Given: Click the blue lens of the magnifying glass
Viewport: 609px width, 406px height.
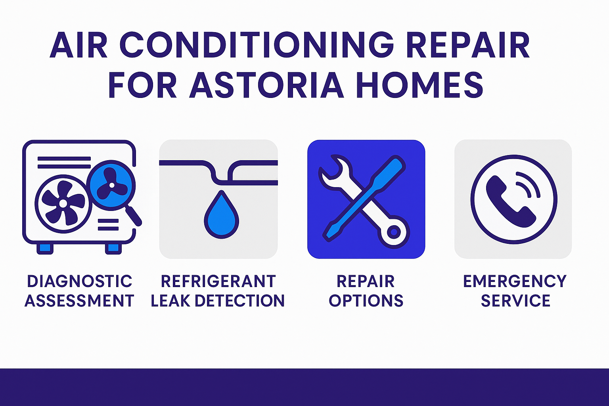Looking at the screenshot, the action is [x=111, y=185].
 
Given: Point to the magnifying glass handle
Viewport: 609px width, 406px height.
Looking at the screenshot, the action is [x=134, y=216].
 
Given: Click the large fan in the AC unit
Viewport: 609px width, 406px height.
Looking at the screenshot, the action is [x=63, y=203].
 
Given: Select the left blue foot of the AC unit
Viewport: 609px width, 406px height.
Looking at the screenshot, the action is [x=45, y=249].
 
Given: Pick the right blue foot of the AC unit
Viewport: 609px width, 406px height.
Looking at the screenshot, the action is [x=113, y=249].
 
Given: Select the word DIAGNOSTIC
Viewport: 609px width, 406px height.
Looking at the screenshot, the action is [x=80, y=281].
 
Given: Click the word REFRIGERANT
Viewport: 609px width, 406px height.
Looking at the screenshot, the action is [x=218, y=281].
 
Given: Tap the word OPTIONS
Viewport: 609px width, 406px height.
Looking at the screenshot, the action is [x=366, y=301].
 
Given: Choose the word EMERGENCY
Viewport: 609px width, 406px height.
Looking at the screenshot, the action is [x=515, y=281].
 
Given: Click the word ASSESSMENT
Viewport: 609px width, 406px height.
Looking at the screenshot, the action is [x=79, y=301].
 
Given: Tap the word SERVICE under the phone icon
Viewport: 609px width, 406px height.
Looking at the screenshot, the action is [x=515, y=301].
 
